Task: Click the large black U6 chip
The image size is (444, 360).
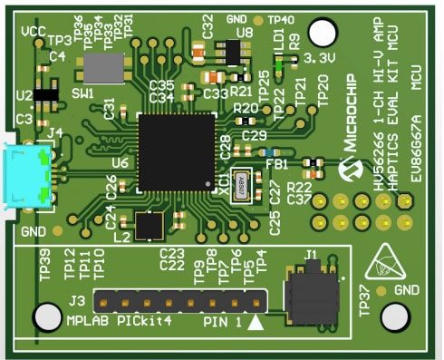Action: tap(177, 151)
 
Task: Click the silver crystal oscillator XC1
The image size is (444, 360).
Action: tap(243, 186)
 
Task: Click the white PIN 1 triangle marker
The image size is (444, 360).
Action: tap(256, 320)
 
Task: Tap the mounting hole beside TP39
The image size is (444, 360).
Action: tap(44, 316)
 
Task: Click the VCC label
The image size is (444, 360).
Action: tap(34, 30)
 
